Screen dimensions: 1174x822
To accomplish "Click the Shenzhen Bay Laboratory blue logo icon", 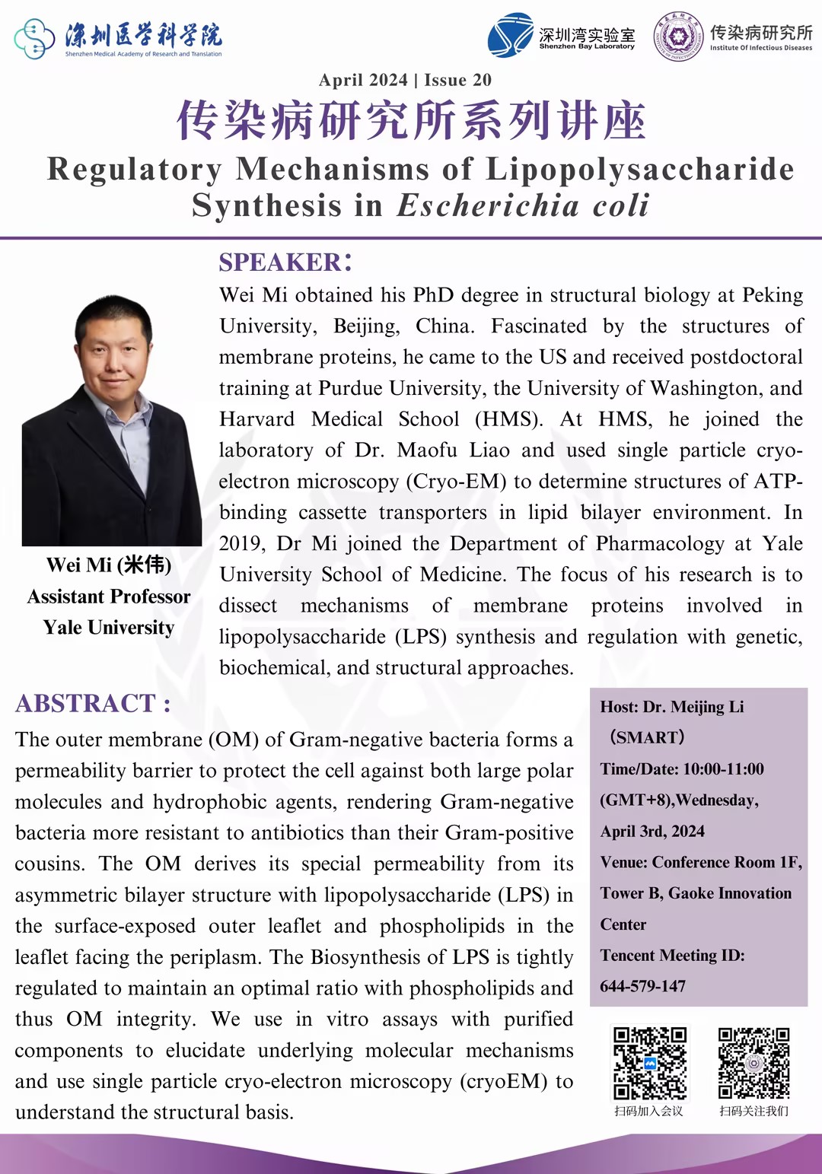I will pyautogui.click(x=510, y=35).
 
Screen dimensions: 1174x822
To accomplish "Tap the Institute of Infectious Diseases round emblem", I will pyautogui.click(x=679, y=36).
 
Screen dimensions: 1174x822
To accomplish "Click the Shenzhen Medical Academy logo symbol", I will pyautogui.click(x=34, y=38).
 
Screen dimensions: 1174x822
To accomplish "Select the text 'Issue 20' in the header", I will pyautogui.click(x=457, y=80).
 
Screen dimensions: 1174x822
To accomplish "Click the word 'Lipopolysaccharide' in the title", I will pyautogui.click(x=639, y=169).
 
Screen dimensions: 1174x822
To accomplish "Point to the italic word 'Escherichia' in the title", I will pyautogui.click(x=488, y=205).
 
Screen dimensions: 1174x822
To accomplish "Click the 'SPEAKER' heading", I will pyautogui.click(x=280, y=262).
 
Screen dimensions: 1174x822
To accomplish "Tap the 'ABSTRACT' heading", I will pyautogui.click(x=85, y=703).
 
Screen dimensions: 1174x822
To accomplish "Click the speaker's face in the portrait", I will pyautogui.click(x=114, y=349).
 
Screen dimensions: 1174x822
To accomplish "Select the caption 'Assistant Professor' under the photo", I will pyautogui.click(x=109, y=597).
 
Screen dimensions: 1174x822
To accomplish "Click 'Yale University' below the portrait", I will pyautogui.click(x=109, y=628).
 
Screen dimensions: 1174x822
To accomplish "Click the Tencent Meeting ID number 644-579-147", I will pyautogui.click(x=642, y=986).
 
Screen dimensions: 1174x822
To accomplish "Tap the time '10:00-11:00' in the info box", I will pyautogui.click(x=723, y=769).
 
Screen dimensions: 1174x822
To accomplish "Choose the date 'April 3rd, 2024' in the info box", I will pyautogui.click(x=652, y=831).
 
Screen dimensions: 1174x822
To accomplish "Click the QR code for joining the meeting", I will pyautogui.click(x=650, y=1063).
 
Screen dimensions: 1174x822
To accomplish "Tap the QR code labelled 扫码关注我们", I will pyautogui.click(x=753, y=1063).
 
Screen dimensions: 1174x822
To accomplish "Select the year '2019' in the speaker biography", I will pyautogui.click(x=241, y=543).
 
